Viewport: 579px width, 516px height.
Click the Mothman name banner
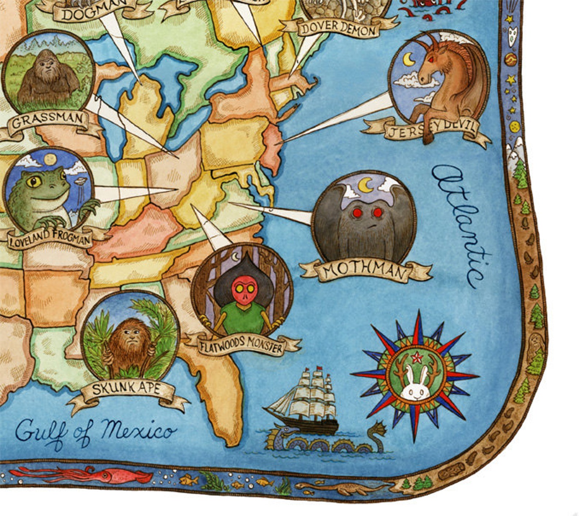365,272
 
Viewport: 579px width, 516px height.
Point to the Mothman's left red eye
357,212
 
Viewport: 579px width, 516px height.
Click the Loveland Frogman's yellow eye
35,181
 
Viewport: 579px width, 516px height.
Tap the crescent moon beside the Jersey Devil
409,59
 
